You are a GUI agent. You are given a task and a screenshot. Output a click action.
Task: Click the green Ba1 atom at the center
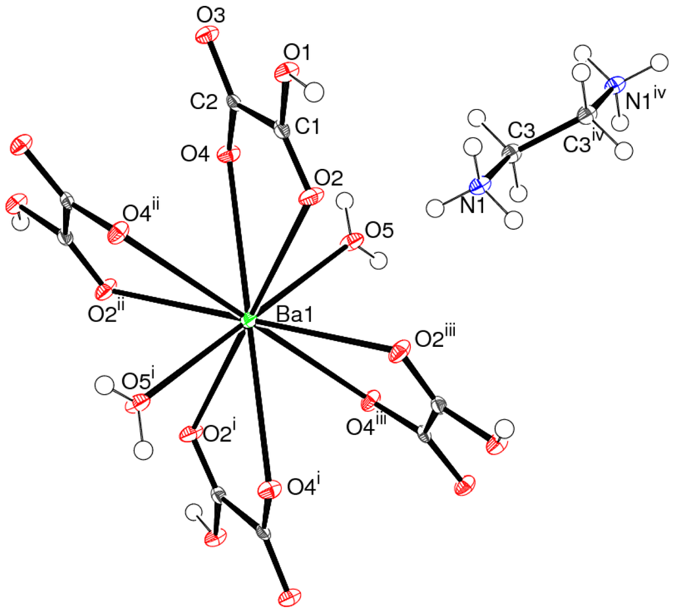pos(248,321)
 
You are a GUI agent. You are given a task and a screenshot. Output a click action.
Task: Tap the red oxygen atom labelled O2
pos(306,197)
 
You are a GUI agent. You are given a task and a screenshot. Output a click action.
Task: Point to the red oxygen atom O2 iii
pos(398,351)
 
